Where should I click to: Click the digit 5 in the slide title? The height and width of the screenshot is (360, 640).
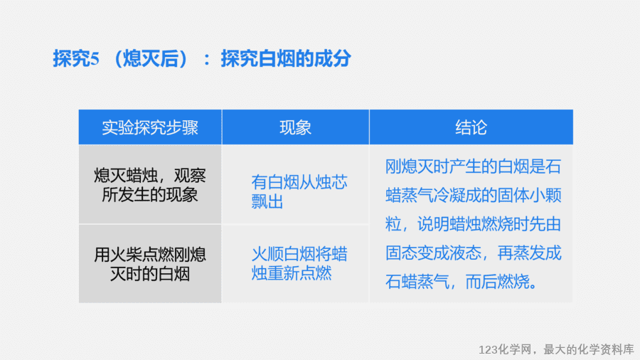coord(95,59)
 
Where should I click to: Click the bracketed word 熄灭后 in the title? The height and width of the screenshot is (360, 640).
coord(151,58)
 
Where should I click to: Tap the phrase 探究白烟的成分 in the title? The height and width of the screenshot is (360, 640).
coord(286,58)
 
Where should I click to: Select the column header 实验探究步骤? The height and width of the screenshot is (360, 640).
coord(150,127)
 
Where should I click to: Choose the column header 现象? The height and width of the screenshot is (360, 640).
coord(296,127)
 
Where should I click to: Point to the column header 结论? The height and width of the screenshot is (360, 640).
coord(471,127)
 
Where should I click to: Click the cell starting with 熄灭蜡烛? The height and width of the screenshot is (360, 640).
coord(150,185)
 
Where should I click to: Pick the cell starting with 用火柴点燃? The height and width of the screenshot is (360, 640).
coord(150,264)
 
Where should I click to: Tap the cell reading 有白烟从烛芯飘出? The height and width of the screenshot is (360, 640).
coord(299,191)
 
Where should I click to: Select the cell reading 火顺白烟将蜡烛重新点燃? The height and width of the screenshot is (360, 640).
coord(299,263)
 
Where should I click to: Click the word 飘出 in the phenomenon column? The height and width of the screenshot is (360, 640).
coord(267,201)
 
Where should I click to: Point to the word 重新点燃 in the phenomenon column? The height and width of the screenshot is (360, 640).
coord(299,273)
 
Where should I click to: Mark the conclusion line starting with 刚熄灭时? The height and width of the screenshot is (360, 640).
coord(474,166)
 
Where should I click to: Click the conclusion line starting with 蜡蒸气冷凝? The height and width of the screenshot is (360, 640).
coord(474,196)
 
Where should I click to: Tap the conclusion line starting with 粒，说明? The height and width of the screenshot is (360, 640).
coord(474,224)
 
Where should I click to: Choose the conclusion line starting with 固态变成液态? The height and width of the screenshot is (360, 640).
coord(474,253)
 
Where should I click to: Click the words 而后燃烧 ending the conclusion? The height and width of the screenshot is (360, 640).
coord(498,282)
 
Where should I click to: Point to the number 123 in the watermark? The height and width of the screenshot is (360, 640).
coord(488,350)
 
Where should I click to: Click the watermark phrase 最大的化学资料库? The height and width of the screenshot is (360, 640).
coord(589,349)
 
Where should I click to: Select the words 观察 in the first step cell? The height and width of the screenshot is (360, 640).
coord(190,176)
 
